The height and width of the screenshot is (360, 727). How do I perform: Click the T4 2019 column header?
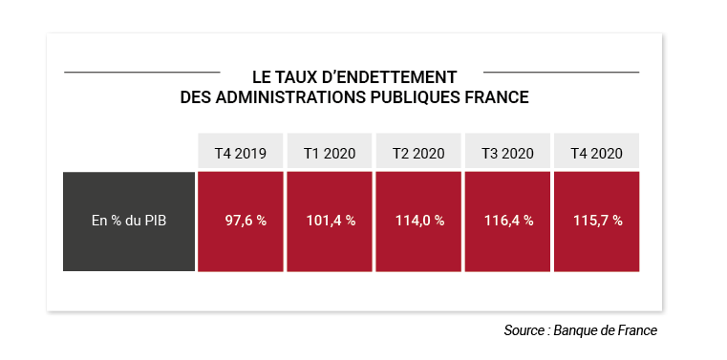pyautogui.click(x=240, y=153)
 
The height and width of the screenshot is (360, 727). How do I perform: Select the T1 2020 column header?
pyautogui.click(x=330, y=153)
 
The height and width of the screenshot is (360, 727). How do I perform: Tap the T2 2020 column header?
pyautogui.click(x=418, y=153)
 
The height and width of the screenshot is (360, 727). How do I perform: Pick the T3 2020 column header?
pyautogui.click(x=507, y=153)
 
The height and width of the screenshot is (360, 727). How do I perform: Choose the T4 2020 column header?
pyautogui.click(x=597, y=153)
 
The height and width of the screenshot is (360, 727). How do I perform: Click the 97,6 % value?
pyautogui.click(x=246, y=221)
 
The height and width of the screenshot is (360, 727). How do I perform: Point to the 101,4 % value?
pyautogui.click(x=331, y=221)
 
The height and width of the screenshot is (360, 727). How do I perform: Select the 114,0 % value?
pyautogui.click(x=419, y=221)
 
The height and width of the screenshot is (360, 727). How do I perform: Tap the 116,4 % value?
pyautogui.click(x=508, y=221)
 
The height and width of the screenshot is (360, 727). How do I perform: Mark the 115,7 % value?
pyautogui.click(x=598, y=221)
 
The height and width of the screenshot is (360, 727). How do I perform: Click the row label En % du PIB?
pyautogui.click(x=129, y=221)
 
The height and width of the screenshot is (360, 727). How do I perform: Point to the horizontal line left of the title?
pyautogui.click(x=142, y=73)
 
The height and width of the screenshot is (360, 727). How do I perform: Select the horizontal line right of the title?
pyautogui.click(x=561, y=73)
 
